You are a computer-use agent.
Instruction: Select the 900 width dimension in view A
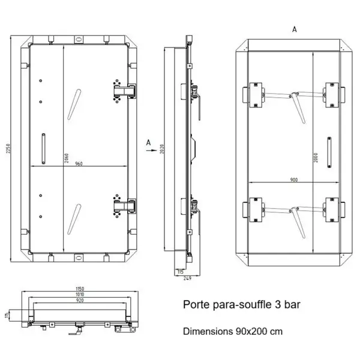pyautogui.click(x=293, y=178)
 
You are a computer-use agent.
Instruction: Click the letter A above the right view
pyautogui.click(x=294, y=29)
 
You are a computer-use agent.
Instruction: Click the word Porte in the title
pyautogui.click(x=196, y=305)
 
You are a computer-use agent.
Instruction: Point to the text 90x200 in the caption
pyautogui.click(x=247, y=331)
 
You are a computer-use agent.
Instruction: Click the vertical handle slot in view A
pyautogui.click(x=329, y=148)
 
